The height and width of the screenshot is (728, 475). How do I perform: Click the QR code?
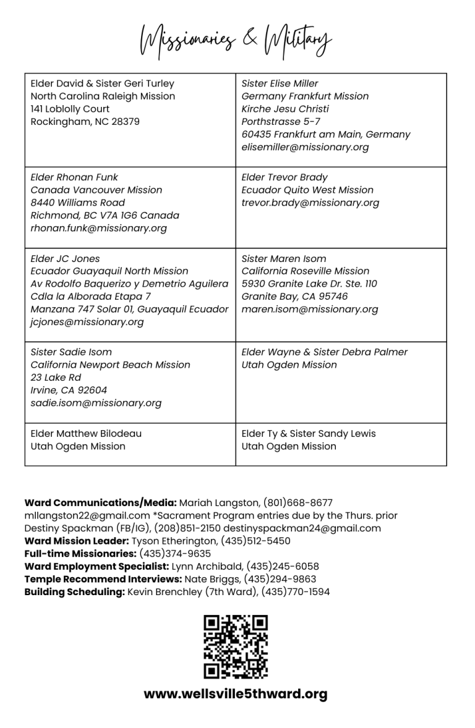coord(236,647)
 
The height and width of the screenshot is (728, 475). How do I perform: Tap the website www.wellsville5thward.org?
coord(236,694)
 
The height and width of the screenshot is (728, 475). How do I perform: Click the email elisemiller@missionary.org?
coord(305,147)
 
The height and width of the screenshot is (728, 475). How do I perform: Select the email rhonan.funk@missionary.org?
coord(98,228)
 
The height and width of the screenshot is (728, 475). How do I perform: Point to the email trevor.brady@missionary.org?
coord(310,203)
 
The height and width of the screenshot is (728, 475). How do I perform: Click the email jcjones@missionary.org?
coord(87,322)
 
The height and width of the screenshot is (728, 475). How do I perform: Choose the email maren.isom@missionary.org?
coord(309,309)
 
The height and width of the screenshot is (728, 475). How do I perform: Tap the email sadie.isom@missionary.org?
coord(96,403)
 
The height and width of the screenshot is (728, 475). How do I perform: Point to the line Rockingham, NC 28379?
coord(85,122)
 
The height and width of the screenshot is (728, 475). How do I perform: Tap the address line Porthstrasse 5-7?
coord(281,122)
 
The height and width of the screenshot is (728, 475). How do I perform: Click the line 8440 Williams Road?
coord(77,203)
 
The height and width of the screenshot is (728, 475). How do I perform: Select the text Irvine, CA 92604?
coord(69,390)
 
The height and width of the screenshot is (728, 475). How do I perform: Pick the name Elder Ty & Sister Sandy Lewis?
coord(308,433)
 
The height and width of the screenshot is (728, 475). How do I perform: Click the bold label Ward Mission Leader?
coord(76,541)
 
